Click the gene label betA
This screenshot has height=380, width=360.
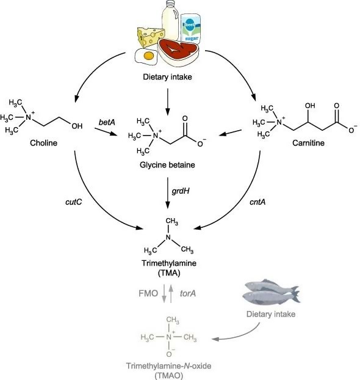[107, 122]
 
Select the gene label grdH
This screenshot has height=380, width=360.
[181, 191]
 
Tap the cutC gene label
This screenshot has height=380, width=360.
[73, 202]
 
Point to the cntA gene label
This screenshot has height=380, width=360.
[257, 202]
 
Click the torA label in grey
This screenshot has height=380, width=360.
[188, 293]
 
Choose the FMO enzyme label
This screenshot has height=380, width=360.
[148, 293]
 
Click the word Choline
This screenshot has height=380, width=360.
[43, 143]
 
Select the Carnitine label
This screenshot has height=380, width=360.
[308, 143]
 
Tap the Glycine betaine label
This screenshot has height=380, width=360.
[167, 165]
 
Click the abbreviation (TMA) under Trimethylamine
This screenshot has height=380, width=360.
[169, 273]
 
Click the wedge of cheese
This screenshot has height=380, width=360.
[151, 37]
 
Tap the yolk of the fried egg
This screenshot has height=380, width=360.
[148, 56]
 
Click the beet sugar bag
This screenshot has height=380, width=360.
[191, 29]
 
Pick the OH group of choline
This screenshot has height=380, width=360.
[77, 126]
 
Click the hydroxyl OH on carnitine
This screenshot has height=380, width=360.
[310, 106]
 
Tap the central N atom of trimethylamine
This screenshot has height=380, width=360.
[168, 237]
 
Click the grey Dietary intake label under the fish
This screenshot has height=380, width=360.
[271, 314]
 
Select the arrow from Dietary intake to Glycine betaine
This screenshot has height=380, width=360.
[167, 102]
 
